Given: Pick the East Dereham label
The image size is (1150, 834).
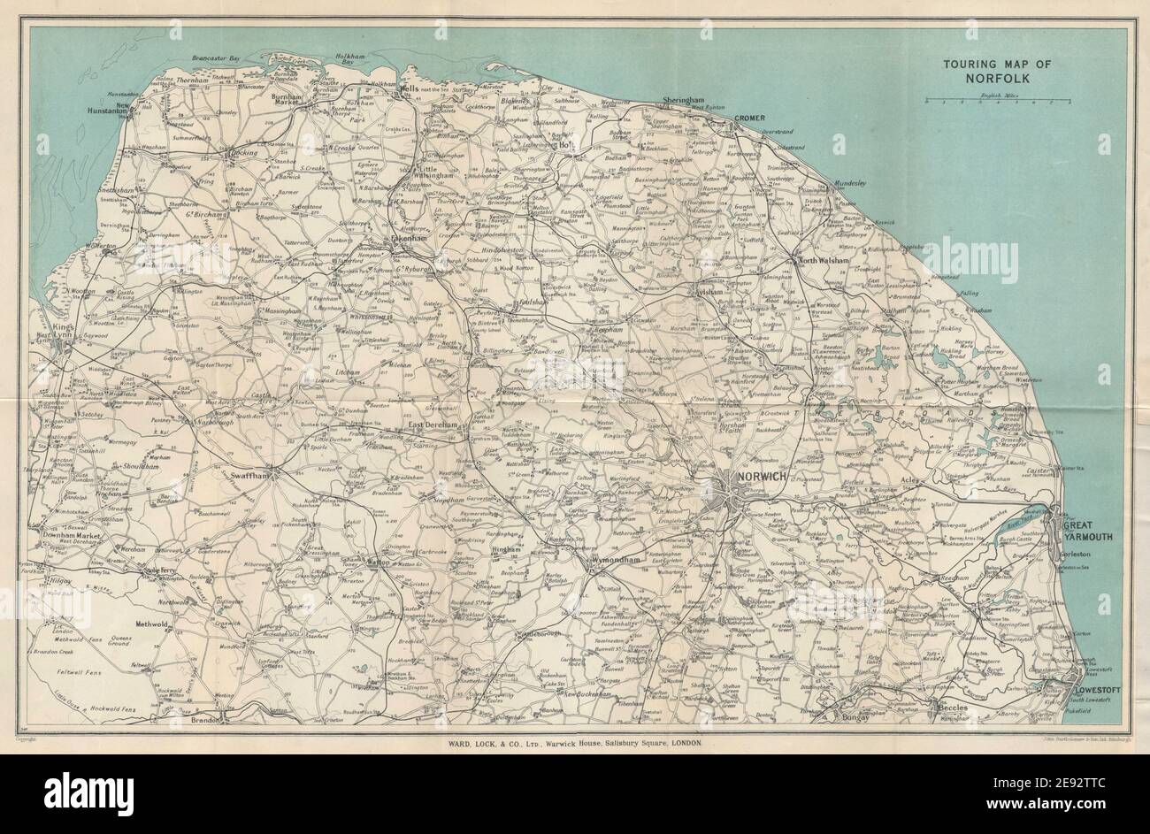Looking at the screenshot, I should click(432, 425).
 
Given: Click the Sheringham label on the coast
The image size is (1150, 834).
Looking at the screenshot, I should click(681, 102).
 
